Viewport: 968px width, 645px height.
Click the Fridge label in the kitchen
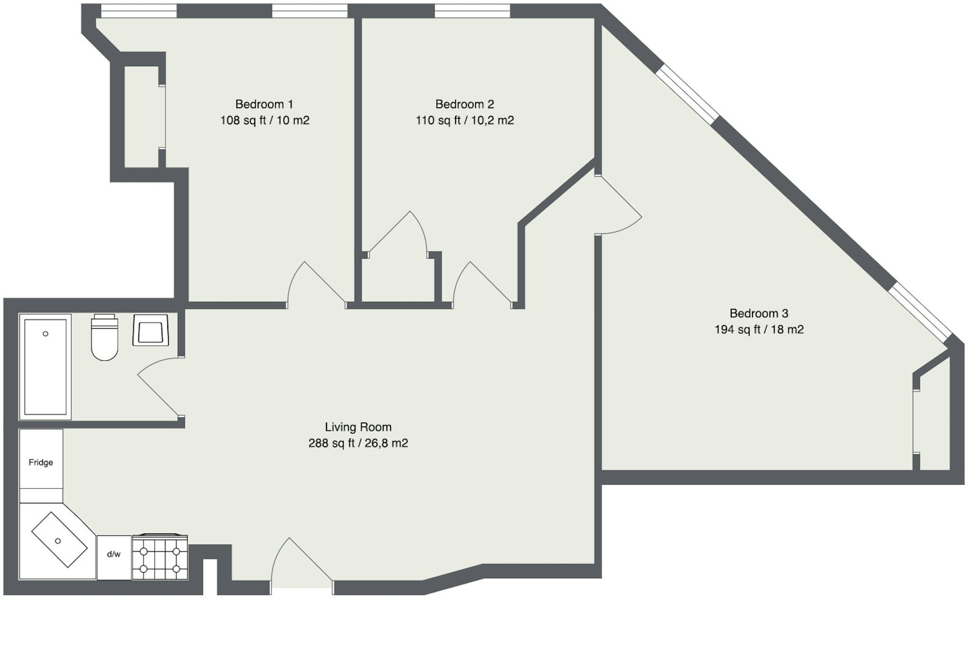[x=41, y=462]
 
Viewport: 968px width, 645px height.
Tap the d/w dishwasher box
[x=114, y=557]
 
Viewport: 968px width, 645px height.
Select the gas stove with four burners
[x=160, y=557]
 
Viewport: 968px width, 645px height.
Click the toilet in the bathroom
[x=104, y=337]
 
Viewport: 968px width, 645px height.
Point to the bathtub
[x=45, y=367]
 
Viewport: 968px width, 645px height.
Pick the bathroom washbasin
[x=151, y=330]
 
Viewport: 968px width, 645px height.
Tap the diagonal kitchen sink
[x=60, y=540]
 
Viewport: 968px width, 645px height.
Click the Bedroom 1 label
[x=264, y=104]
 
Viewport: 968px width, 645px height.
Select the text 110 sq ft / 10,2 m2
[x=465, y=121]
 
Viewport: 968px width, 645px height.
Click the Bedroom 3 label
[x=759, y=313]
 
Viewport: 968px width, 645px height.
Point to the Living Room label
[x=358, y=427]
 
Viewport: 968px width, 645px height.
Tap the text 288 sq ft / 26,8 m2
[x=358, y=443]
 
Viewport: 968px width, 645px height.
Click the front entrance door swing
[x=279, y=558]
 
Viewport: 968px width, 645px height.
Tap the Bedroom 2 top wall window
[x=472, y=11]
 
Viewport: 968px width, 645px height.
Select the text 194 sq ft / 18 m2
[x=759, y=330]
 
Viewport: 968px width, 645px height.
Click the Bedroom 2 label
[x=465, y=104]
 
